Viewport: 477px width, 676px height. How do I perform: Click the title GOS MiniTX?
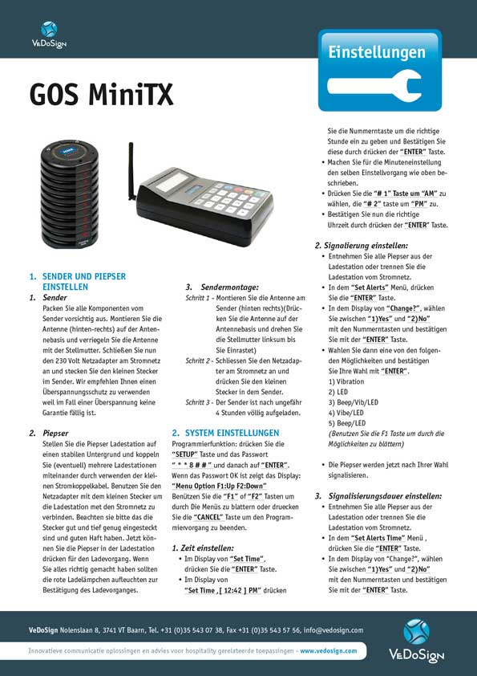pos(101,96)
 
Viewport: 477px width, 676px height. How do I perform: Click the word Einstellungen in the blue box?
pos(376,52)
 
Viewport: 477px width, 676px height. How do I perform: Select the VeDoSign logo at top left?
pos(49,35)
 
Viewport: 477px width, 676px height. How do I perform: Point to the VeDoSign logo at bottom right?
pos(416,641)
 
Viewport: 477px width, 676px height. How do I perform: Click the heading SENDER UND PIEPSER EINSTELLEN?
pos(83,281)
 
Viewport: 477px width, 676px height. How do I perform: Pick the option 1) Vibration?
pos(348,382)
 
